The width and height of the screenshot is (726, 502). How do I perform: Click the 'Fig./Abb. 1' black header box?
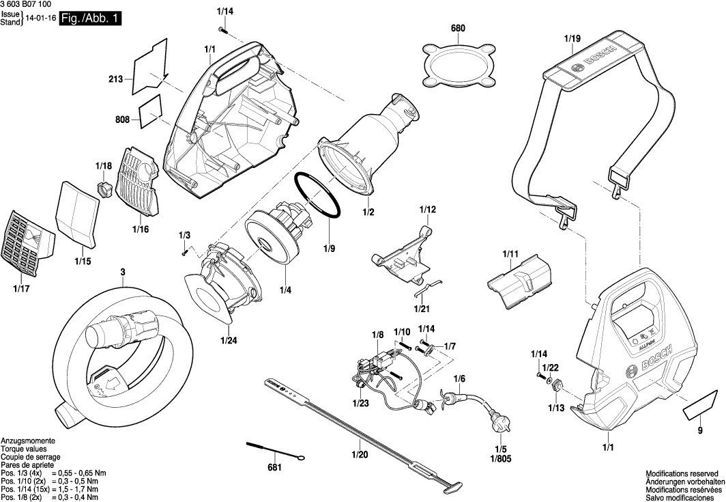90,19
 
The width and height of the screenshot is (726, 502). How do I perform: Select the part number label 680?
457,29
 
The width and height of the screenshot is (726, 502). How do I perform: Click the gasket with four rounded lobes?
458,66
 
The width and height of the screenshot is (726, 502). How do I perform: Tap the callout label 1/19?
572,39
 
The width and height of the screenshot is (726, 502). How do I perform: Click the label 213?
115,80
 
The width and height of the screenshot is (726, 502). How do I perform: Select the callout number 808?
122,120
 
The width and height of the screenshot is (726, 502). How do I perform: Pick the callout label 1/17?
21,289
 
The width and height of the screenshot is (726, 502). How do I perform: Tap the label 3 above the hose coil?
123,273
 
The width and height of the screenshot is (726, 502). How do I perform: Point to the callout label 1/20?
359,454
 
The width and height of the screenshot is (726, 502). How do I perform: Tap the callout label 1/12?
427,209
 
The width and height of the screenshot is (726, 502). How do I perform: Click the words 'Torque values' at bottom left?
24,449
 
